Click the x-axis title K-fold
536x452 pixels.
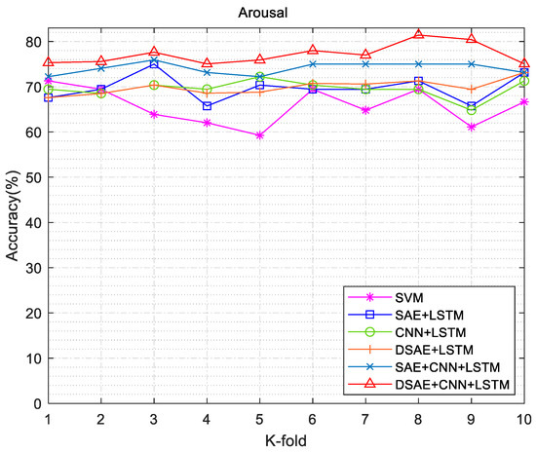click(x=286, y=441)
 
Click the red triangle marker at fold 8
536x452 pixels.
click(x=418, y=35)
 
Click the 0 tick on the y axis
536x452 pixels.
click(x=36, y=403)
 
